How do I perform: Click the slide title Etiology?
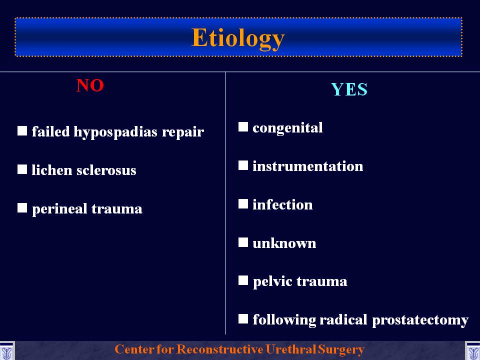tap(238, 38)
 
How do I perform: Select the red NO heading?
tap(90, 85)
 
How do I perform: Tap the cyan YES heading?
tap(349, 89)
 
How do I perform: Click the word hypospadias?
tap(115, 132)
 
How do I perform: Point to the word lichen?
tap(51, 170)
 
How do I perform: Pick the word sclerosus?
tap(106, 170)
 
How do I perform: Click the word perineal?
tap(59, 209)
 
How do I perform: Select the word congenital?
tap(287, 128)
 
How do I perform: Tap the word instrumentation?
tap(307, 166)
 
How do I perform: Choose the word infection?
tap(282, 204)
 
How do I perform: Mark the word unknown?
tap(284, 243)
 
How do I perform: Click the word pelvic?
tap(272, 282)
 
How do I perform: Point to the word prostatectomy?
tap(420, 320)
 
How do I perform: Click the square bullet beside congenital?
tap(243, 126)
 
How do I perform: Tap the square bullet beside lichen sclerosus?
tap(22, 169)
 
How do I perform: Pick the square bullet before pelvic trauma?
tap(243, 280)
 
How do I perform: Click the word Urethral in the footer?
tap(290, 349)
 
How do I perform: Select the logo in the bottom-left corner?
tap(6, 351)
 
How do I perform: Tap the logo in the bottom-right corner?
tap(472, 351)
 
